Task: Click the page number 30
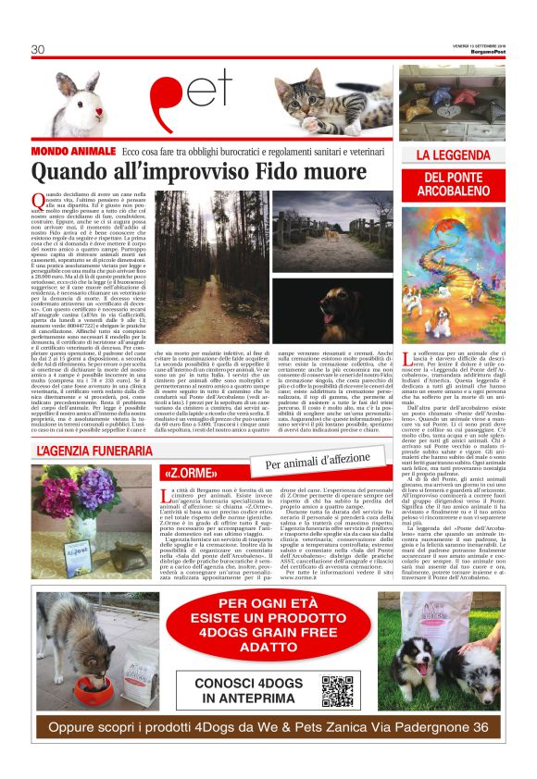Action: pyautogui.click(x=38, y=49)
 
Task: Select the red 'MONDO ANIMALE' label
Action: pyautogui.click(x=72, y=150)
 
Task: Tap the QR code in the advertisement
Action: pyautogui.click(x=338, y=690)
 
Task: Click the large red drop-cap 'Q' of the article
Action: pyautogui.click(x=38, y=199)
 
